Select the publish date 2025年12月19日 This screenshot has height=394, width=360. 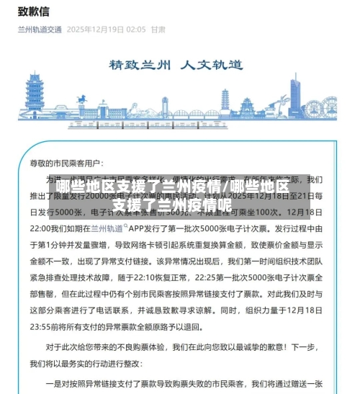[x=95, y=30]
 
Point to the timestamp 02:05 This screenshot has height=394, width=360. [x=135, y=30]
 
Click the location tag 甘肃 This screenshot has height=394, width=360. [x=158, y=30]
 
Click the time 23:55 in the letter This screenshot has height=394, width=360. [x=60, y=325]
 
